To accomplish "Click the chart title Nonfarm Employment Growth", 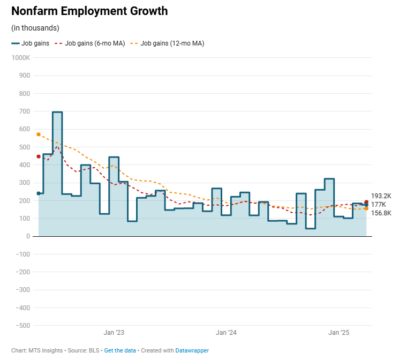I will [89, 11].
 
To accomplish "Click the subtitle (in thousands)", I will [35, 28].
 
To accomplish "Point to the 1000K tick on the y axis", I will [20, 57].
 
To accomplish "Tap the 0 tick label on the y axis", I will [28, 236].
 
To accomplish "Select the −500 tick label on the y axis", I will [22, 326].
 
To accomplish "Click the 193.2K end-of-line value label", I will [381, 196].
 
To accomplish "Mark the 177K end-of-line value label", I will [378, 205].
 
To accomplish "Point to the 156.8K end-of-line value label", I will [381, 213].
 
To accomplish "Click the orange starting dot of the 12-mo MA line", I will [39, 134].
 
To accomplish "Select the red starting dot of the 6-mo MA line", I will [39, 156].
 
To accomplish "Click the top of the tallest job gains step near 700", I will [57, 112].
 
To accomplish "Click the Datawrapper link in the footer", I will [192, 350].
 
